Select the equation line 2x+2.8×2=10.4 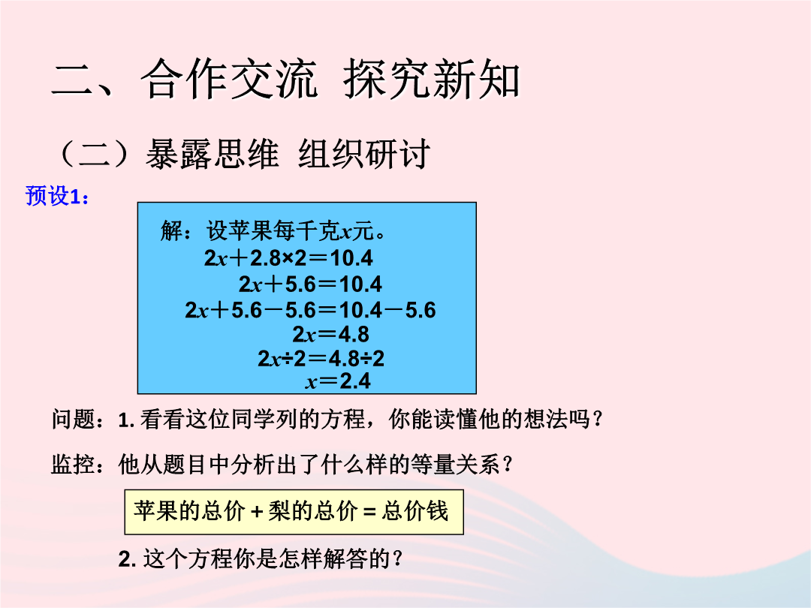point(288,258)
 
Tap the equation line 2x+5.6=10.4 point(310,284)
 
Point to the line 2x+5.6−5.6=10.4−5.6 point(310,310)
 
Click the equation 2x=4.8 point(330,334)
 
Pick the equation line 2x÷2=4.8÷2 point(321,358)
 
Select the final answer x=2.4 point(338,381)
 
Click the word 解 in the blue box point(171,230)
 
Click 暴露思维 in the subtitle point(212,154)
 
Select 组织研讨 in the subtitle point(363,154)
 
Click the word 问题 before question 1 point(74,420)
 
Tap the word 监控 point(74,464)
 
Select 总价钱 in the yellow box point(415,511)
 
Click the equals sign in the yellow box point(369,512)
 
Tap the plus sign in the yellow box point(257,512)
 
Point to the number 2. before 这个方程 point(127,559)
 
